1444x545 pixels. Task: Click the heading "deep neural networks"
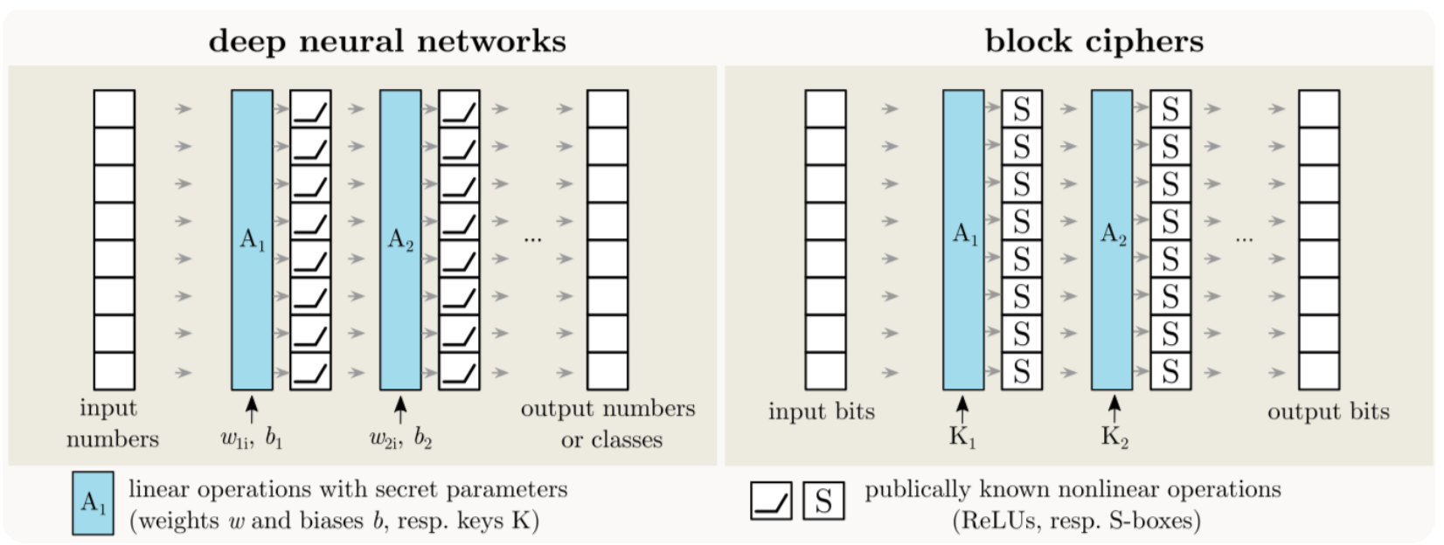point(387,41)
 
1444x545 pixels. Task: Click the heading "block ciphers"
point(1093,41)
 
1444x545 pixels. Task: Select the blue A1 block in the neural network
point(252,239)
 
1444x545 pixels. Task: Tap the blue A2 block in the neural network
point(400,239)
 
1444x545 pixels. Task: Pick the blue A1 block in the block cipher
point(963,239)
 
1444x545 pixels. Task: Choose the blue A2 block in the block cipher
point(1112,239)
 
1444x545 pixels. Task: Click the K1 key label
point(962,437)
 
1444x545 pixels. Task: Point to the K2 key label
point(1114,437)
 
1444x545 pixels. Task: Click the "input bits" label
point(822,411)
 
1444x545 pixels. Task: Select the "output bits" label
point(1328,411)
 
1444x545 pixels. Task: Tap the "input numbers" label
point(112,424)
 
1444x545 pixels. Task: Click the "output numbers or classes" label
point(608,424)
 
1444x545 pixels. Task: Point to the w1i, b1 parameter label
point(252,438)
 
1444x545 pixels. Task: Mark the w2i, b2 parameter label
point(400,438)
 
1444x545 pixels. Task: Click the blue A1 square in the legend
point(93,503)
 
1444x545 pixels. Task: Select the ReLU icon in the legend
point(771,502)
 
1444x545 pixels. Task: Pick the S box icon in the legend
point(823,502)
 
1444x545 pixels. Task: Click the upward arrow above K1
point(962,409)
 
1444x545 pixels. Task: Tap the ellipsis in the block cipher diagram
point(1244,238)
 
